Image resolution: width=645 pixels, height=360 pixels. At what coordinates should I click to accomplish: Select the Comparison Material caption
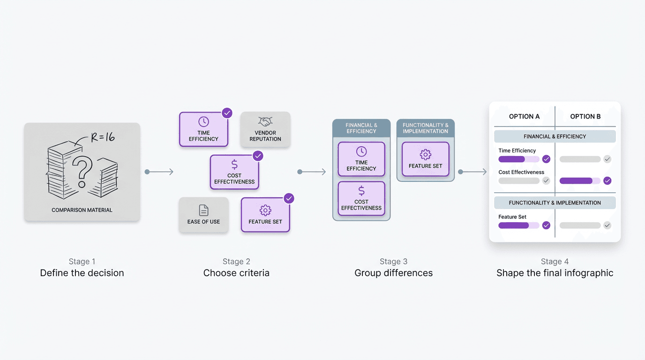point(82,210)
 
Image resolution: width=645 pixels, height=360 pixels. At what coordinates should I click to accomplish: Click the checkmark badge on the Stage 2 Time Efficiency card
point(227,113)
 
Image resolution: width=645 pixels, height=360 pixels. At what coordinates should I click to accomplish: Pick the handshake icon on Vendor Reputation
point(265,122)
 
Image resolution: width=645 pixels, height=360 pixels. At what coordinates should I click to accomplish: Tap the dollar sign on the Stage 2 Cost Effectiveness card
point(234,165)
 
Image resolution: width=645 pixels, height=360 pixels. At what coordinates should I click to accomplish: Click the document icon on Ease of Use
point(203,210)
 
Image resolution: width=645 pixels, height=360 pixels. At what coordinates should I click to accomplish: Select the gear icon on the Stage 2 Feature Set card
point(265,210)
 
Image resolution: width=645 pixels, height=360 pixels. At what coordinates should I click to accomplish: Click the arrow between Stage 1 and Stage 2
point(160,172)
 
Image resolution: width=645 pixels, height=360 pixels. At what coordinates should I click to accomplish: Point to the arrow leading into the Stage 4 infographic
point(473,172)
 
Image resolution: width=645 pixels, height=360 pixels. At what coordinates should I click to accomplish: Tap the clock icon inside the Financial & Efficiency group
point(361,151)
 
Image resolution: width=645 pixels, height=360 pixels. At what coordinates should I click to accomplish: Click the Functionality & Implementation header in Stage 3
point(425,128)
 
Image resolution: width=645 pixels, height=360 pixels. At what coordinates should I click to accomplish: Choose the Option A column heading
point(524,116)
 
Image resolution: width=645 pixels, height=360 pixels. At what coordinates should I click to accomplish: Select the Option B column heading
point(585,116)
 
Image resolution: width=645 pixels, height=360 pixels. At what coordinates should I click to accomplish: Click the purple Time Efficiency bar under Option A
point(512,159)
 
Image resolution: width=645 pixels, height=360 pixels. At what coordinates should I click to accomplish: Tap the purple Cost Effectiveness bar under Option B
point(576,180)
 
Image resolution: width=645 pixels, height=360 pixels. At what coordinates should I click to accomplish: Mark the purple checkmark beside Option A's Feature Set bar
point(546,225)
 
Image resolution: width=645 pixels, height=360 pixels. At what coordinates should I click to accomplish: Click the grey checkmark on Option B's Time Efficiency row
point(607,159)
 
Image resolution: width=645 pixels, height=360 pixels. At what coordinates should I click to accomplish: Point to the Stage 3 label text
point(393,262)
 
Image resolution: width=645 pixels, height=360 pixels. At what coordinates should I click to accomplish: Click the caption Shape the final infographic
point(555,273)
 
